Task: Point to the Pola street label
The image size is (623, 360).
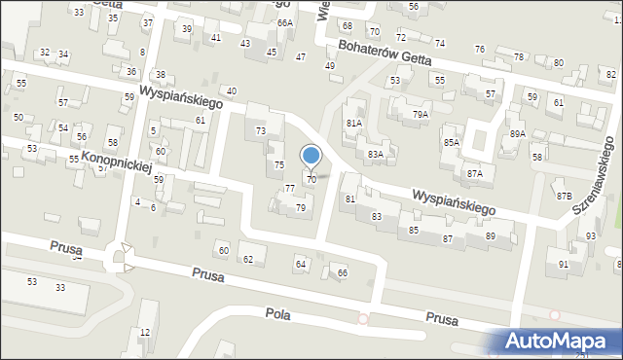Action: point(278,313)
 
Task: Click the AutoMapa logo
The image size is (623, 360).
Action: point(558,341)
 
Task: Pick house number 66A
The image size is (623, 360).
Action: point(284,22)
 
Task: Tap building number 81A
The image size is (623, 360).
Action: point(353,124)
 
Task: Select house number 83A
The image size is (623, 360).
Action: point(375,154)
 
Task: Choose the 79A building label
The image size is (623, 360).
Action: point(420,114)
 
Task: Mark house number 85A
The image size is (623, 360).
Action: point(451,143)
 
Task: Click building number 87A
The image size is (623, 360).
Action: point(474,173)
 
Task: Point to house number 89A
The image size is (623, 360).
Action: point(517,133)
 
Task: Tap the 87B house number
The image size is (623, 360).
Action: point(564,196)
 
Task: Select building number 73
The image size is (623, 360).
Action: point(260,130)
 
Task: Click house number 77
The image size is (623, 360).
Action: point(289,188)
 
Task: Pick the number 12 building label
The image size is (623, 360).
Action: point(145,333)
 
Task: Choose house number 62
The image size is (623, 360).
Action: point(247,259)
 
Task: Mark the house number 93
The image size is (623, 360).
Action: point(590,236)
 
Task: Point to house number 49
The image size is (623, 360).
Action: point(330,65)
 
